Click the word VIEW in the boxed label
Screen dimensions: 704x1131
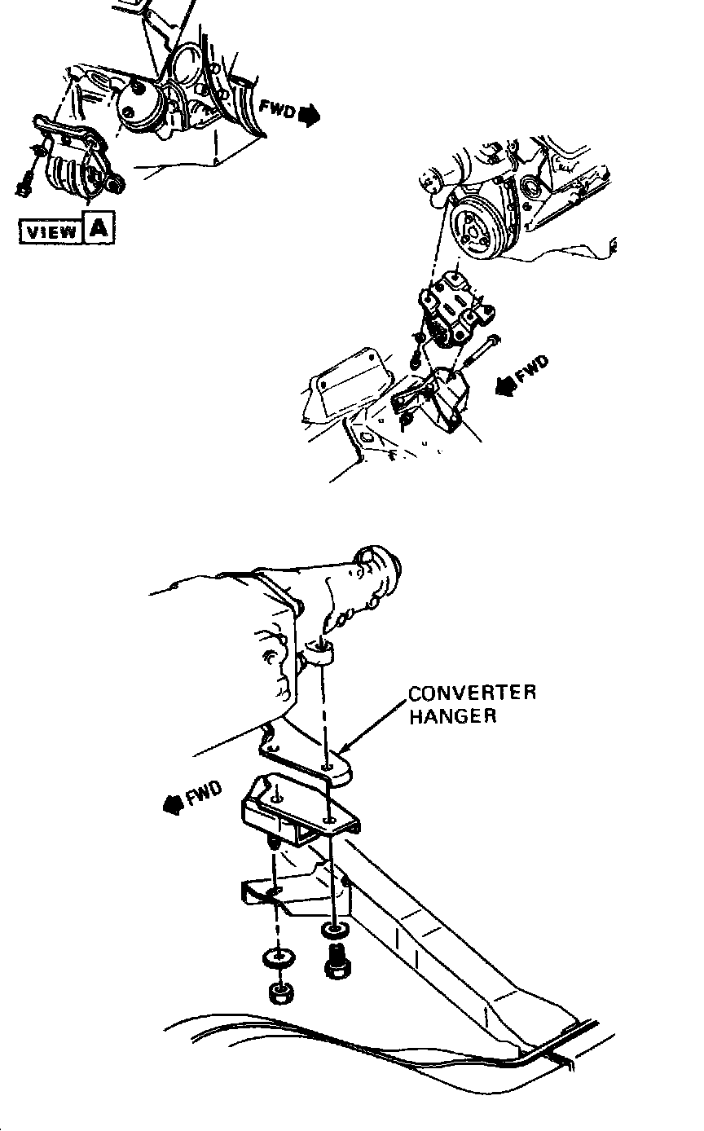click(x=50, y=231)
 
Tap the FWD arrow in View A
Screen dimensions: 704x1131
click(x=310, y=117)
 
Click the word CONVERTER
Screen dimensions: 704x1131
click(x=472, y=694)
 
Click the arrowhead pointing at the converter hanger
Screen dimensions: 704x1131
click(x=343, y=749)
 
